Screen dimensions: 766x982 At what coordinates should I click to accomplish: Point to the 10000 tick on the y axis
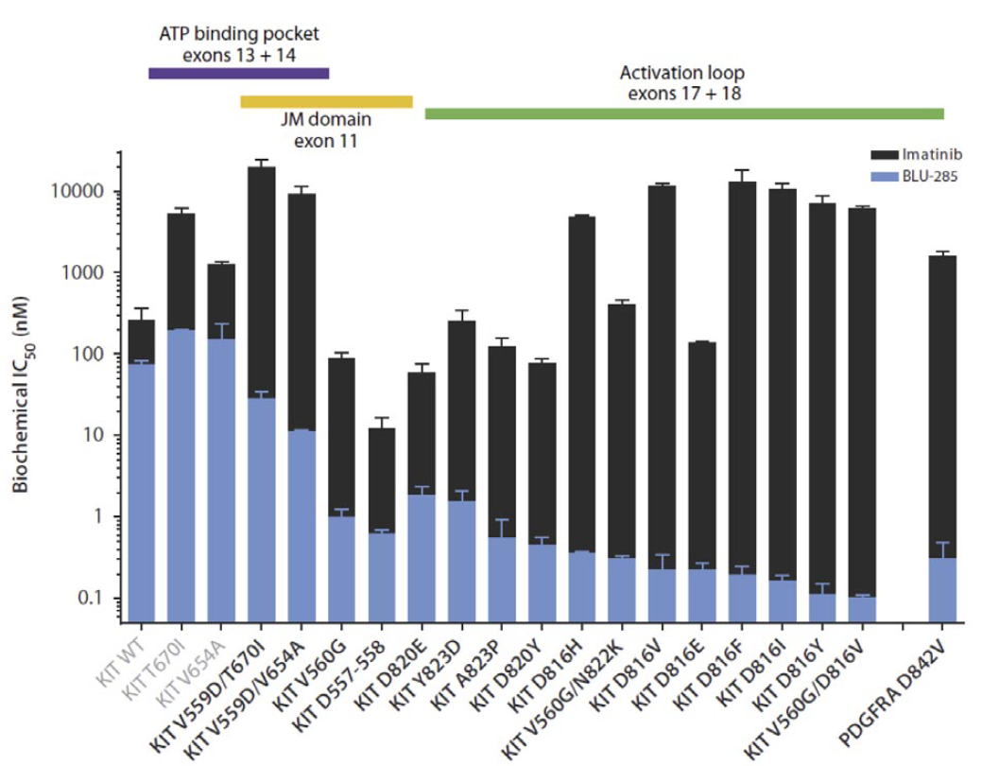[90, 191]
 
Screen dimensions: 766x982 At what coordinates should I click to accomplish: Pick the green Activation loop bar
[684, 114]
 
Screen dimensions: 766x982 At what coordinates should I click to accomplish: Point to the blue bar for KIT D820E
[422, 558]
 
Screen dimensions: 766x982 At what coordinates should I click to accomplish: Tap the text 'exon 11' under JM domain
[326, 141]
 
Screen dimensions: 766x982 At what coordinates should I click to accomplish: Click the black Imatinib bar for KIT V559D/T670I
[262, 284]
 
